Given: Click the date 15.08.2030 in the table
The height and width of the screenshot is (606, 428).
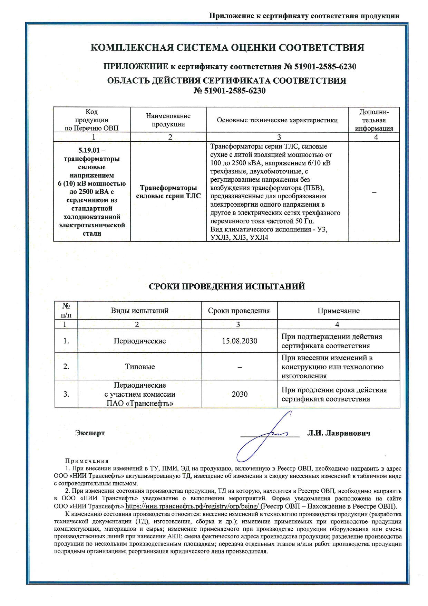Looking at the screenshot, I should coord(240,341).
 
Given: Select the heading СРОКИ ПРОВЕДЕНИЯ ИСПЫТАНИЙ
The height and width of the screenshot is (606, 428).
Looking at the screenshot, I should coord(227,286).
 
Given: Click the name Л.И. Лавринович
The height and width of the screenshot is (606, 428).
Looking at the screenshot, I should coord(339,433).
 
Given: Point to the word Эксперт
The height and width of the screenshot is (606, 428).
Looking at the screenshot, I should coord(90,433).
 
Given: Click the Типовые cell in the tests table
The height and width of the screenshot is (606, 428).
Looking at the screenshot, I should coord(140,367).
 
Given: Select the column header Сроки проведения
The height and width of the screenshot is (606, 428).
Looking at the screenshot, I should coord(239,311).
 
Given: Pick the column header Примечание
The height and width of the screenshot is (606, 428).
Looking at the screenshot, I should coord(338,311).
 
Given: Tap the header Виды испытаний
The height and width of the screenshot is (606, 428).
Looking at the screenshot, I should coord(139,311).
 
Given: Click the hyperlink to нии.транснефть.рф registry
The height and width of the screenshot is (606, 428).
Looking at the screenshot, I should coord(192,506).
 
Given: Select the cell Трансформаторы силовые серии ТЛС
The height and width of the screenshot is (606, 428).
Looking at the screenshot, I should coord(168,192).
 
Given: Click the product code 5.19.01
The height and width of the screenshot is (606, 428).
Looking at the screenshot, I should coord(91,150).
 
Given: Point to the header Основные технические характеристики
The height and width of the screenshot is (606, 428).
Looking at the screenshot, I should coord(277,120).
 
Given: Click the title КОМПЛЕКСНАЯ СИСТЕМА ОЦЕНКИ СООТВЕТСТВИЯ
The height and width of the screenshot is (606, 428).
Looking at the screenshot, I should coord(227,48).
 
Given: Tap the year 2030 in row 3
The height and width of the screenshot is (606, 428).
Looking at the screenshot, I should coord(240,394).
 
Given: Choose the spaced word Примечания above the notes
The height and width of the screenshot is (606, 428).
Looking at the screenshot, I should coord(87,461).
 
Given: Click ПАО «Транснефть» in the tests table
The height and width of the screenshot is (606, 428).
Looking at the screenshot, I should coord(140,403).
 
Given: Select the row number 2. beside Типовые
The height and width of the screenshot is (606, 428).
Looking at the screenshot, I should coord(66,367).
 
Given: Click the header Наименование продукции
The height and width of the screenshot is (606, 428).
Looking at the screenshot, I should coord(168,120).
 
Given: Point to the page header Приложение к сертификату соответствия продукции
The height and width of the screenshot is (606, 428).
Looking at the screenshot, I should coord(304,16).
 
